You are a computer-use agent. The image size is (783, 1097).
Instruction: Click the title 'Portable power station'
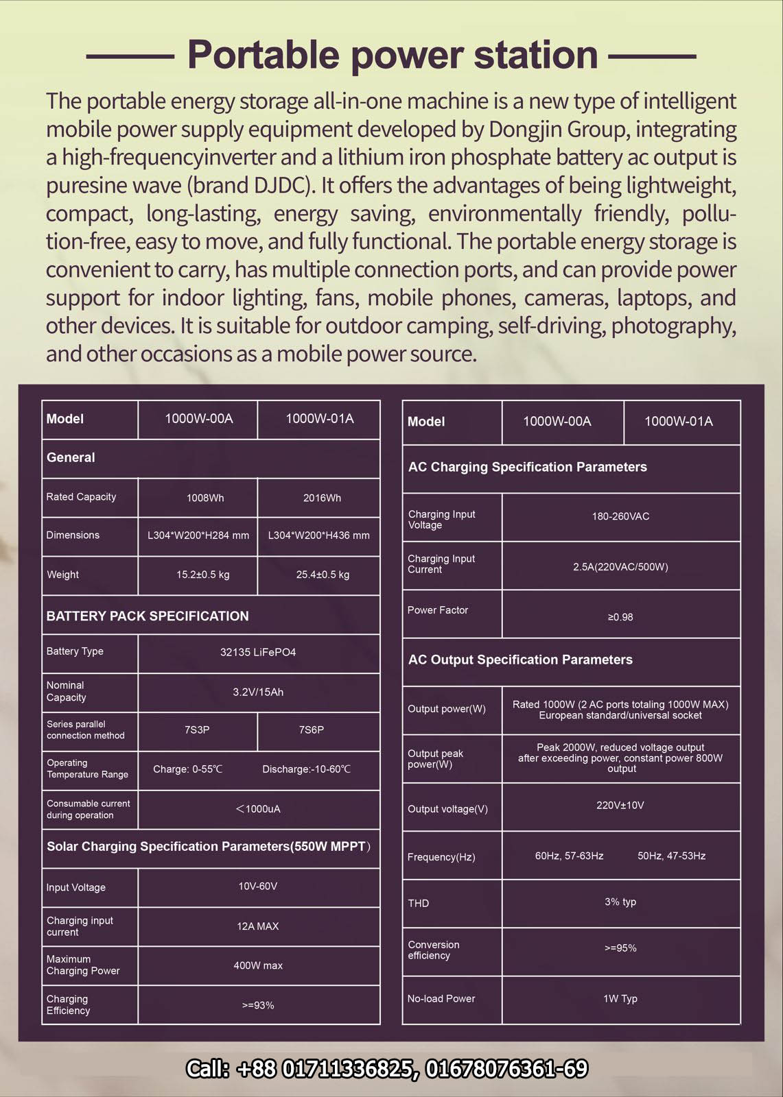pos(392,55)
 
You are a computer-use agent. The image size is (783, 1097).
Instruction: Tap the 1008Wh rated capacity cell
pos(205,498)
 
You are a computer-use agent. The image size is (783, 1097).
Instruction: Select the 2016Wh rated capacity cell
pos(322,498)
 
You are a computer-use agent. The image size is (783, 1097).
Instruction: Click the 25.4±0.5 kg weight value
pos(323,575)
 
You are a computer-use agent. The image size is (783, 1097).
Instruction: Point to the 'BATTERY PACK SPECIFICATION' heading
pos(148,616)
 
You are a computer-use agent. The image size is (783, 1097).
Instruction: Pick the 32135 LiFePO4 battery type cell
pos(258,652)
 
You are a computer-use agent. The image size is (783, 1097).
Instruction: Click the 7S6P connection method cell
pos(312,730)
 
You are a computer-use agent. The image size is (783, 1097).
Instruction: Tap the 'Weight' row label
pos(63,575)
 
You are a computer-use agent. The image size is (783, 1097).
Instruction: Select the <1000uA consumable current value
pos(258,809)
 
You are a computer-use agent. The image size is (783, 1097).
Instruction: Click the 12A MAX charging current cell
pos(258,926)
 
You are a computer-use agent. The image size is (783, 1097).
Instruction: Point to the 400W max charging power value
pos(258,965)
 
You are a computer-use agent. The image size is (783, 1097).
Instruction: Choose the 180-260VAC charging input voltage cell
pos(620,516)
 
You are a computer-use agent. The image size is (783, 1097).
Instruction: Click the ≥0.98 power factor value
pos(620,617)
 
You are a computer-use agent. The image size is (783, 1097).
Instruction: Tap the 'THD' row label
pos(419,903)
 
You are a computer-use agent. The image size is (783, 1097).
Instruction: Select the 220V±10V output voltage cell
pos(620,805)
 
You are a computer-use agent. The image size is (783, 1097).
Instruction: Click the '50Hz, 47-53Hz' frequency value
pos(671,856)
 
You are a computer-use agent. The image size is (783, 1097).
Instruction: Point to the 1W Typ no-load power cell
pos(620,998)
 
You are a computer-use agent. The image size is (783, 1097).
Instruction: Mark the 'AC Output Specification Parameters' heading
pos(520,660)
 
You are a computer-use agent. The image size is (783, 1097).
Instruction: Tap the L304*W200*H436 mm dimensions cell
pos(318,535)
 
